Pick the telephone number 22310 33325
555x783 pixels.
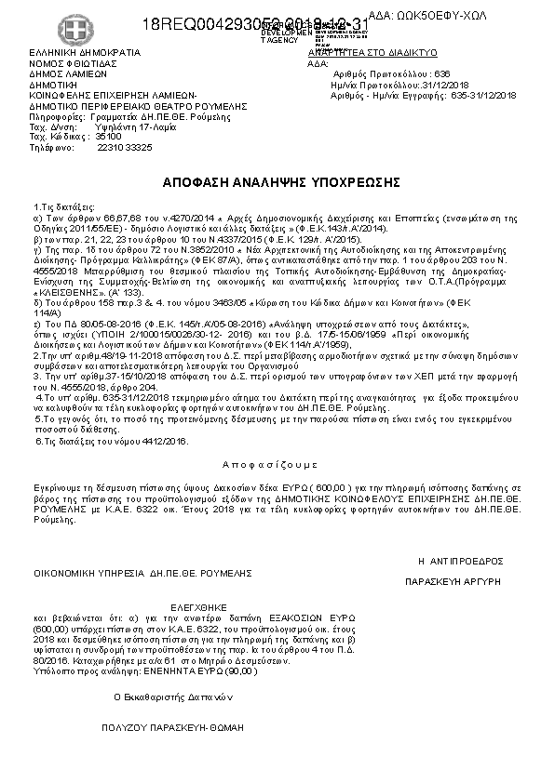(x=125, y=147)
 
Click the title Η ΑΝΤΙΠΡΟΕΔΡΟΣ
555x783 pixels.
(x=460, y=561)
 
